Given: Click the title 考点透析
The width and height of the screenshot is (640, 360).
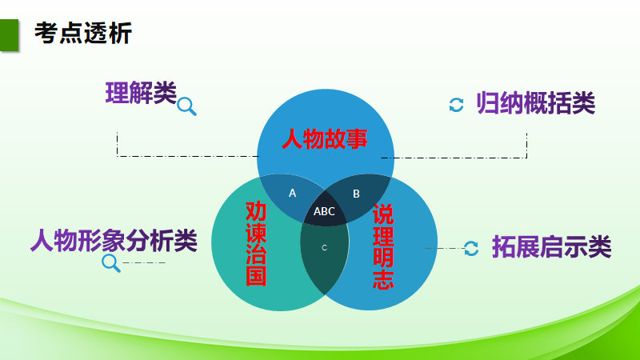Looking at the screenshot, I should (83, 33).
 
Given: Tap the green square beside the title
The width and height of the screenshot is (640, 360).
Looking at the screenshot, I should (10, 34).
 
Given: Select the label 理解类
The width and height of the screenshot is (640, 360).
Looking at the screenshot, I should (141, 94).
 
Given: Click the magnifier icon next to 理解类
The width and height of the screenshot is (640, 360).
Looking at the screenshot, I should (186, 105).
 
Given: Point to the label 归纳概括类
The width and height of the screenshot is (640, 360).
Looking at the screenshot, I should (536, 103).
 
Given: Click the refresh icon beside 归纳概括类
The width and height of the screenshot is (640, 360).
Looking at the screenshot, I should (456, 105).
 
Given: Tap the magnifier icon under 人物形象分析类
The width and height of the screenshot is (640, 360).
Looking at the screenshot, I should (110, 262).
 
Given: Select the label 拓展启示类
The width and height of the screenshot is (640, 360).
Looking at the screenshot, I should (551, 247).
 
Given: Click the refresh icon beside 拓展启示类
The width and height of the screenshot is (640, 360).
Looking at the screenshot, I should (472, 248).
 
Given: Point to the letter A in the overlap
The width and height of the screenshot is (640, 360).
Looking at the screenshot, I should (292, 193).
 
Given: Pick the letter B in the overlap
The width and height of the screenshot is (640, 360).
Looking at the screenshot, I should (357, 193).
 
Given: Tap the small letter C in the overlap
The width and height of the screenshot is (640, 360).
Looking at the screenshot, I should (324, 248).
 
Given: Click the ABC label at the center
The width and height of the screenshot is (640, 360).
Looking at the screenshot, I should (324, 212).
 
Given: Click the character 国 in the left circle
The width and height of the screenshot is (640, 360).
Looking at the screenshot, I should (255, 276).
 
